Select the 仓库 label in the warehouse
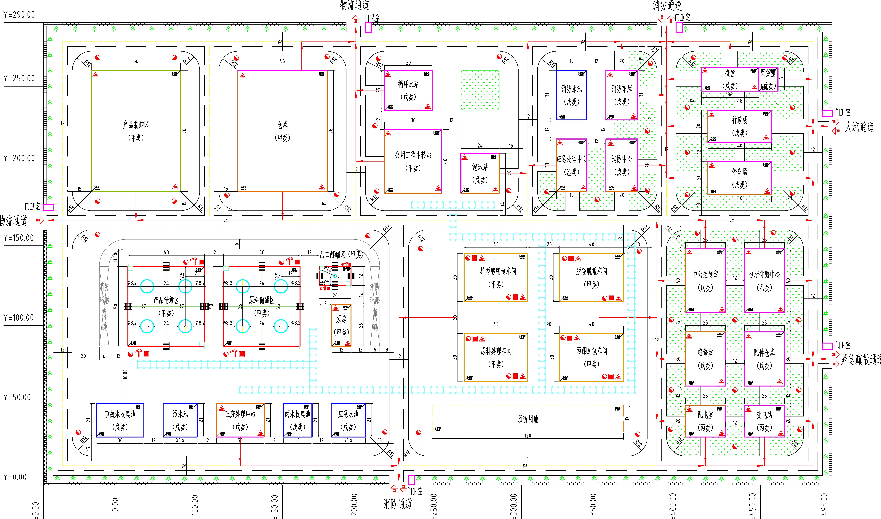coord(282,125)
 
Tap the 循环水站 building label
coord(408,84)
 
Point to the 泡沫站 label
coord(480,167)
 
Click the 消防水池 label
coord(572,89)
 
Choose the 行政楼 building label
coord(740,120)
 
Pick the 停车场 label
coord(740,171)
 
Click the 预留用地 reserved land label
coord(528,419)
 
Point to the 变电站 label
coord(764,415)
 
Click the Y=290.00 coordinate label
coord(19,15)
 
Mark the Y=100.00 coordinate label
coord(19,318)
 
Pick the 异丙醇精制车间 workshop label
coord(498,271)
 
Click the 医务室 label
coord(768,73)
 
